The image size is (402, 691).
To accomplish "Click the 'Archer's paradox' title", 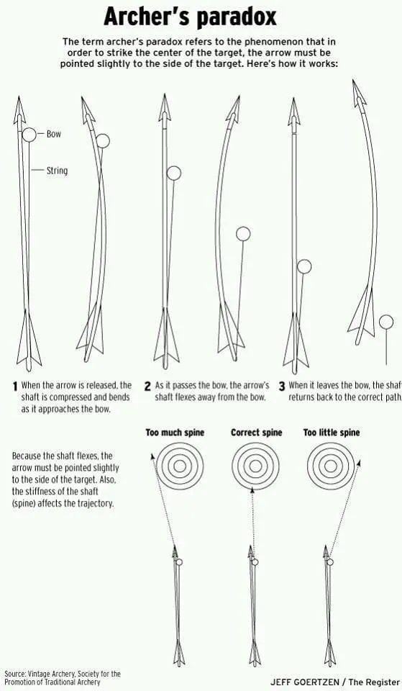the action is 190,18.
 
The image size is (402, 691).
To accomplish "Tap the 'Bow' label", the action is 54,134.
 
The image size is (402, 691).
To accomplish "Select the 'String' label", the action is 58,170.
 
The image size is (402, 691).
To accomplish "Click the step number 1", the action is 15,387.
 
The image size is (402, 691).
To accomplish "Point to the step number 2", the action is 147,387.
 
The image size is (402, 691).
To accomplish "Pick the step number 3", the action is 282,387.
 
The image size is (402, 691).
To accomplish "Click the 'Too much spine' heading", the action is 175,433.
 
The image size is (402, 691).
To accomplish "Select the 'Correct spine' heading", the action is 256,433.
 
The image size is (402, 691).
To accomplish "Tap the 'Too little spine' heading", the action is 331,433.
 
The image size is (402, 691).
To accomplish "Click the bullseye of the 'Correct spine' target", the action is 255,466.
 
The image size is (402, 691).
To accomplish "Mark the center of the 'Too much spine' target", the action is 180,466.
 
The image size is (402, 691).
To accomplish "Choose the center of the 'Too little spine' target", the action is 330,466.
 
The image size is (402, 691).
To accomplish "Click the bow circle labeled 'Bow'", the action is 29,135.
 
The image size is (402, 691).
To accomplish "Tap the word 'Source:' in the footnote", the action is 15,674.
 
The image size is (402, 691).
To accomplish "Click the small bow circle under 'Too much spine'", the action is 179,562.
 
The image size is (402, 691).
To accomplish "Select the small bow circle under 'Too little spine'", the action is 330,562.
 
